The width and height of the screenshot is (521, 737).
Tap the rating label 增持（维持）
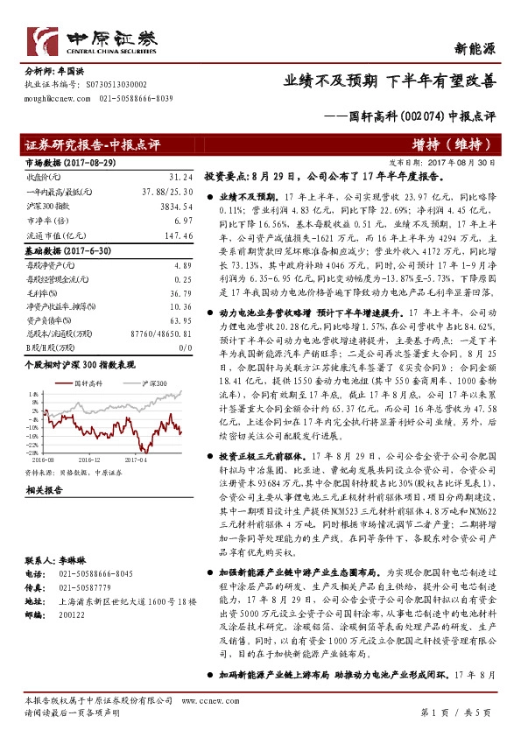pyautogui.click(x=456, y=145)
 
